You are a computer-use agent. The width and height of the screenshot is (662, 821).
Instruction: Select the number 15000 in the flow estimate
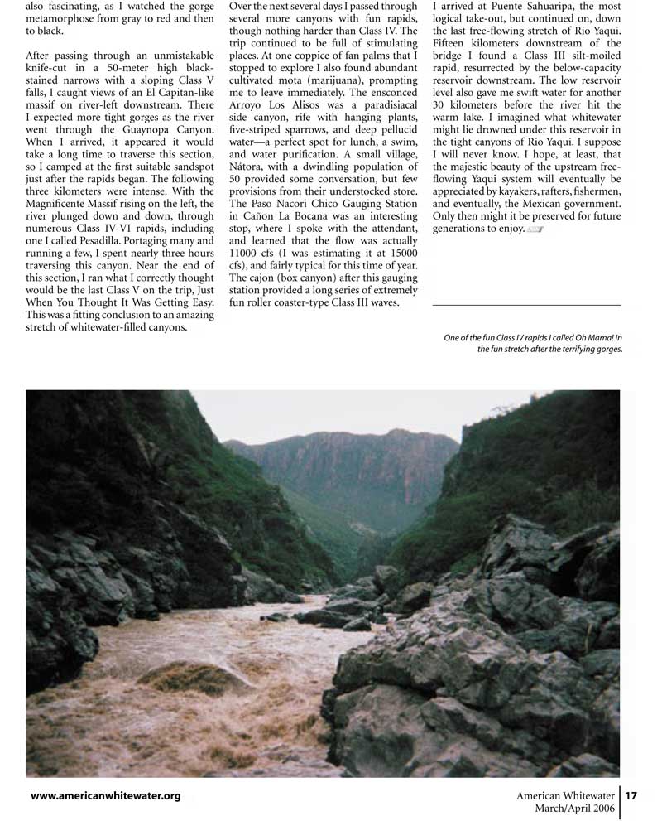[399, 252]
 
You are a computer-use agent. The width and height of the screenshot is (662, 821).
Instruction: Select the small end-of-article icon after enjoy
[535, 229]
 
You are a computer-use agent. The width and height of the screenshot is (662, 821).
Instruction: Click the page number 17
[631, 796]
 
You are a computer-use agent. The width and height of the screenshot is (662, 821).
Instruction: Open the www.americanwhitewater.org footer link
[105, 796]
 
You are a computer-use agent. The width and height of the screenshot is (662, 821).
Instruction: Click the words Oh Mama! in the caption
[592, 337]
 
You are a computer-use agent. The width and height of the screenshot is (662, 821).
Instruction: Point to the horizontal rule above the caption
[526, 306]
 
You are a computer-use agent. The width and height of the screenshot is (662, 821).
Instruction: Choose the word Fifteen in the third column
[454, 43]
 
